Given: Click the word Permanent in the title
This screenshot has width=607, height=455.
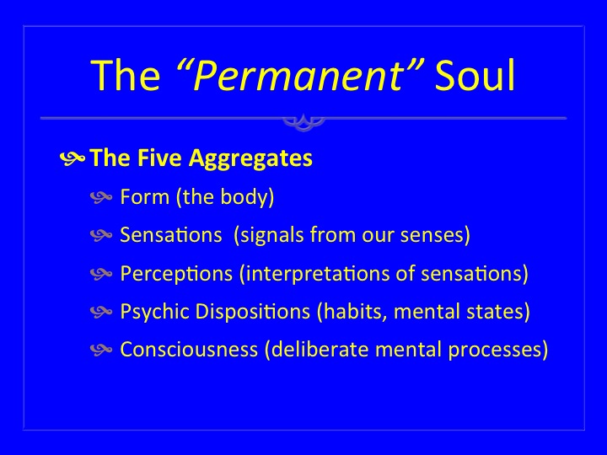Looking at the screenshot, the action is (x=298, y=76).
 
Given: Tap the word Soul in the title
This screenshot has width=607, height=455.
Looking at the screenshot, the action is (x=475, y=75).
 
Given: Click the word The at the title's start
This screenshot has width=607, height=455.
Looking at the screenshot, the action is (x=125, y=75).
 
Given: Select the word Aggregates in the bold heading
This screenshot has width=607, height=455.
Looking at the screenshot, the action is (x=250, y=159).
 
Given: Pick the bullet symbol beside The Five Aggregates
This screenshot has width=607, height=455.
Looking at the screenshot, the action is (x=73, y=158).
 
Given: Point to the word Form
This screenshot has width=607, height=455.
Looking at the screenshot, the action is (x=145, y=196).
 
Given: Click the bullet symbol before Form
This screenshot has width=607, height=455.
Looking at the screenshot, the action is (x=101, y=197).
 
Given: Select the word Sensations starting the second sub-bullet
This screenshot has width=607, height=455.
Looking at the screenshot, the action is (x=171, y=234).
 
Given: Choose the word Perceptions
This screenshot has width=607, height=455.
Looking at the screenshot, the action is (x=176, y=274).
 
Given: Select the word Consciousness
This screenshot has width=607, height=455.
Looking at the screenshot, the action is (x=189, y=350).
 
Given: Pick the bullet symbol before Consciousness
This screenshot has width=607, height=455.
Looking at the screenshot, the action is (x=101, y=351).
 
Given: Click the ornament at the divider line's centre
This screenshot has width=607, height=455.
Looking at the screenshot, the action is (x=303, y=122).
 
